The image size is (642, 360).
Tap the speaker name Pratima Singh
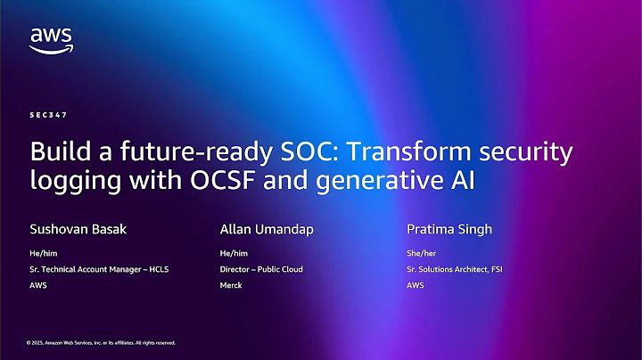(449, 229)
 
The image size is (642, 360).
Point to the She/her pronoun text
(420, 252)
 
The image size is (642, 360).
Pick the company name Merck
(231, 285)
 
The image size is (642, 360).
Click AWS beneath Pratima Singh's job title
(415, 285)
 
